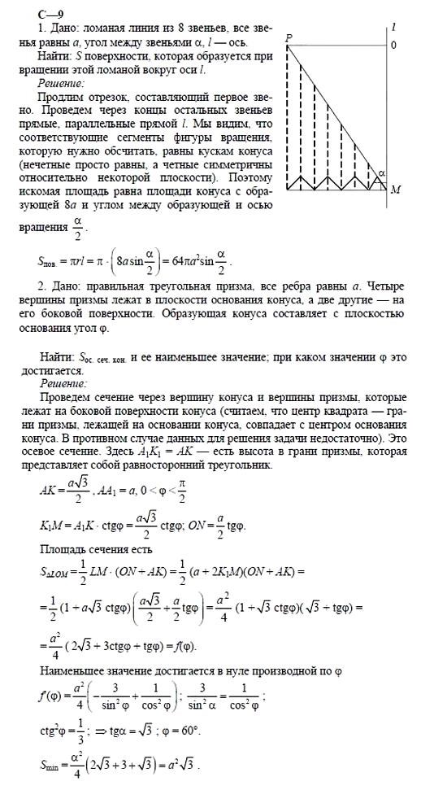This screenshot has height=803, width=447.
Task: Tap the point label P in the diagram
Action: tap(289, 39)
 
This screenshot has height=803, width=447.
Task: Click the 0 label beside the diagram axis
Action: tap(393, 45)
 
